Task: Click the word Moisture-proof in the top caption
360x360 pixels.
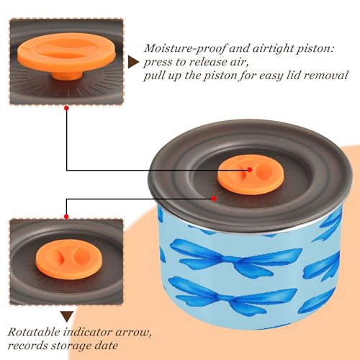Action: (x=185, y=49)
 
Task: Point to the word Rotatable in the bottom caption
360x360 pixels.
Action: (x=35, y=332)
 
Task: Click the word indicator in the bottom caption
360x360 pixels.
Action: (x=88, y=332)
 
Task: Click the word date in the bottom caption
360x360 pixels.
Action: (x=107, y=346)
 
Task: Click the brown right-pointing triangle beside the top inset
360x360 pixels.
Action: (x=133, y=62)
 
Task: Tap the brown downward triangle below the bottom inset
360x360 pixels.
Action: (x=67, y=317)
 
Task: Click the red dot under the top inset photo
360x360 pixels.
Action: (x=67, y=109)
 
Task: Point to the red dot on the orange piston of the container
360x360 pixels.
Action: (x=250, y=170)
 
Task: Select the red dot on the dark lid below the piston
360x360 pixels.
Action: (x=214, y=199)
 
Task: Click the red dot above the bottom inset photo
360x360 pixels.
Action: (x=66, y=217)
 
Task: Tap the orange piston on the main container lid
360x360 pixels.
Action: (x=251, y=176)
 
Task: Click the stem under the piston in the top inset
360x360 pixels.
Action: (x=67, y=75)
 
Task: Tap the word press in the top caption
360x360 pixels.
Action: (x=158, y=63)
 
